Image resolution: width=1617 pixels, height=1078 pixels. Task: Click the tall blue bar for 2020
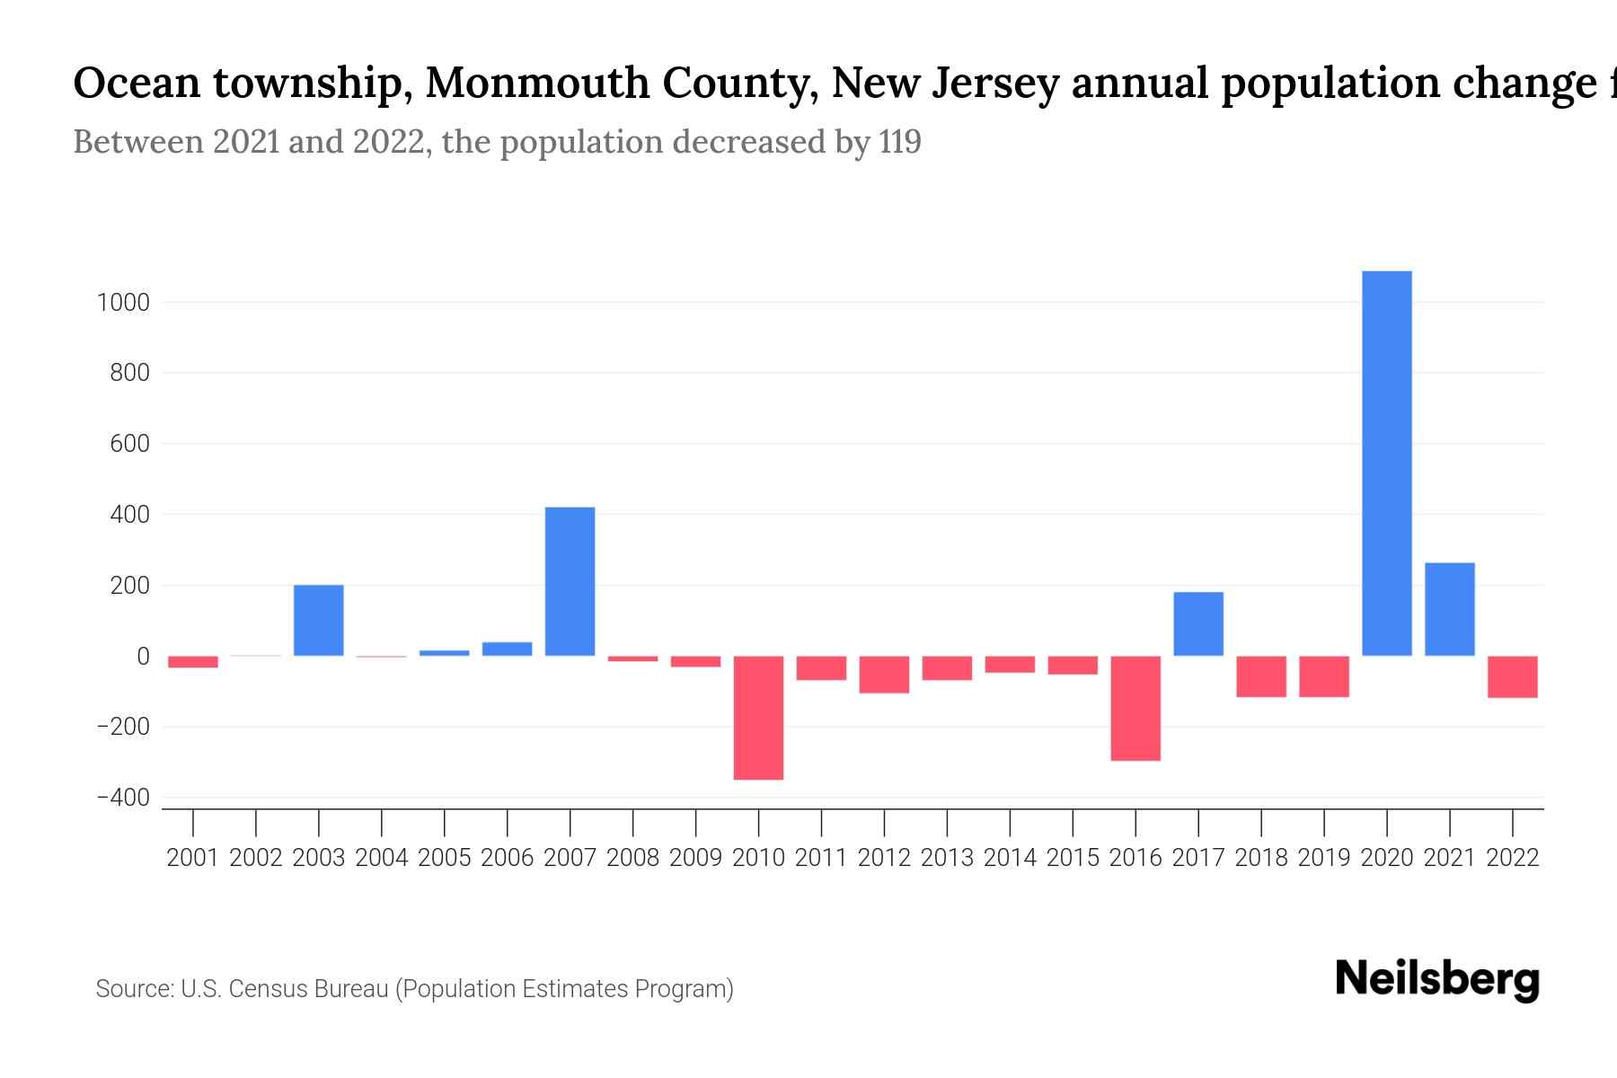click(x=1386, y=463)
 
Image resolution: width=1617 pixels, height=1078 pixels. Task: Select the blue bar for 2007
click(x=570, y=581)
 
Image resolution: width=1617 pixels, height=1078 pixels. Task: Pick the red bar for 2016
click(x=1135, y=708)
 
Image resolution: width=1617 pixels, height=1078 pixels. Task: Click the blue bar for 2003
click(x=319, y=620)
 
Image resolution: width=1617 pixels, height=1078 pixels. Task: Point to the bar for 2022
click(x=1512, y=676)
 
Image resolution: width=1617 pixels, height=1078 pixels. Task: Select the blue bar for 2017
click(x=1198, y=623)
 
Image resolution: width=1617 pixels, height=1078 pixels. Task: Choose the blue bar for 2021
click(x=1449, y=609)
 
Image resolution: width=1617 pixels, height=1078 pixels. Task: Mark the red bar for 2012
click(x=884, y=674)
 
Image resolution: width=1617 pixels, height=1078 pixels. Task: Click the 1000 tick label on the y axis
click(x=123, y=303)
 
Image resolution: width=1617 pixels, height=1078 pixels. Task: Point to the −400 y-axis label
click(x=123, y=798)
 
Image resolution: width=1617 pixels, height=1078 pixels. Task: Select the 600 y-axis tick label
click(x=129, y=444)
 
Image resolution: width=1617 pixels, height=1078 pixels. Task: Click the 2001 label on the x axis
click(x=193, y=858)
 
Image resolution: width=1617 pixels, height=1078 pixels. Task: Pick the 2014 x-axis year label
click(x=1010, y=858)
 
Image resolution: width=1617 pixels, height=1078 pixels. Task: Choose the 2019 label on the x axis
click(x=1324, y=858)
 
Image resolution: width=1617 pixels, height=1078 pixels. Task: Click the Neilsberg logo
click(x=1437, y=979)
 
